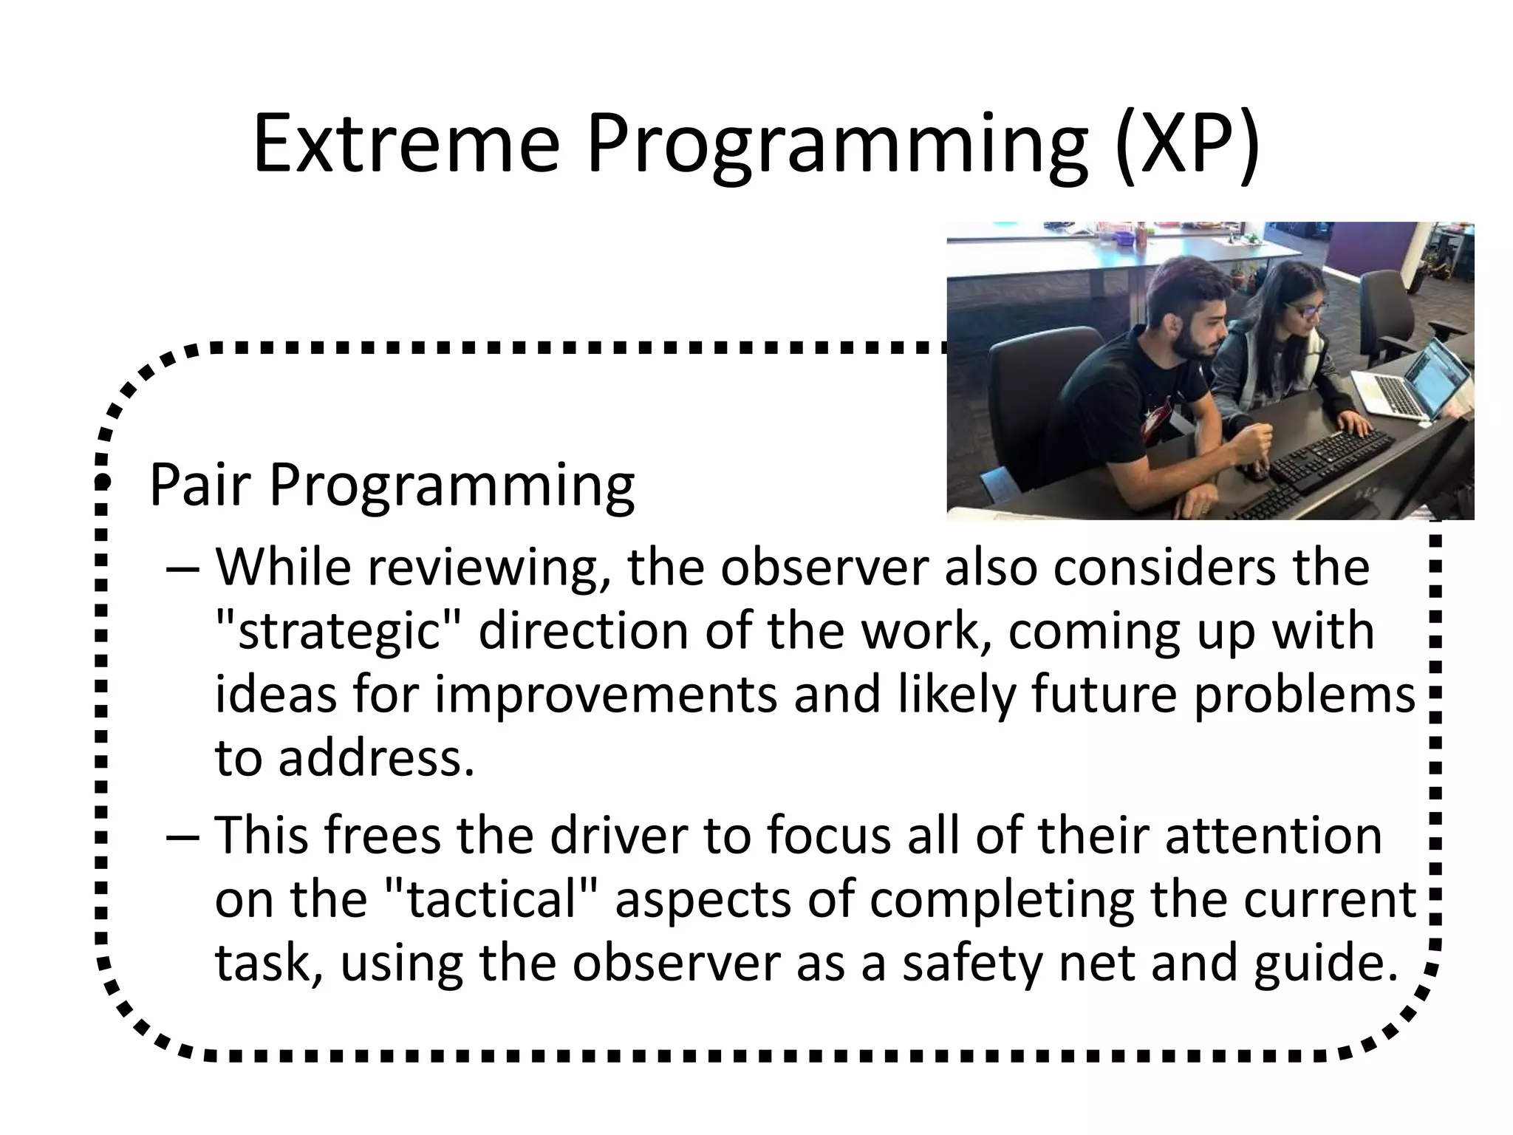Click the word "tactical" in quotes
[x=491, y=899]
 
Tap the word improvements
[x=606, y=695]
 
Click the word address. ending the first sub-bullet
[x=375, y=759]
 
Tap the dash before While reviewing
[x=182, y=569]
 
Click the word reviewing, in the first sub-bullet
[x=488, y=569]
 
